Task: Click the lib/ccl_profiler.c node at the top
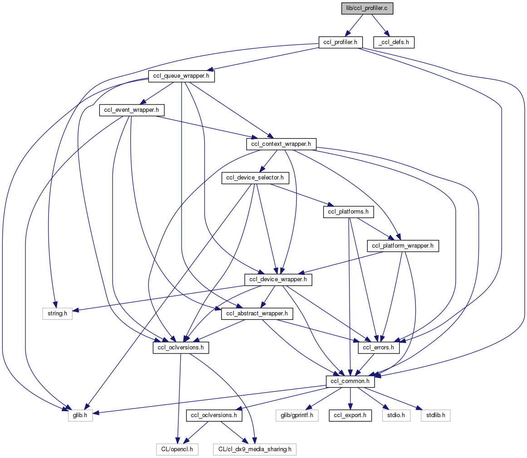click(367, 8)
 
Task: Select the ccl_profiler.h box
click(340, 42)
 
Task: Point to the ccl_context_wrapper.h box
click(281, 144)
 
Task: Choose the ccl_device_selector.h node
click(256, 178)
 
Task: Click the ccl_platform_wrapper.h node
click(403, 246)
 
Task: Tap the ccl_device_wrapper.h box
click(278, 280)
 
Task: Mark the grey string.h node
click(54, 314)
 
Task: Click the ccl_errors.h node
click(379, 348)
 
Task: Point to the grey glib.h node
click(80, 415)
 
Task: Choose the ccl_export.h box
click(349, 415)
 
